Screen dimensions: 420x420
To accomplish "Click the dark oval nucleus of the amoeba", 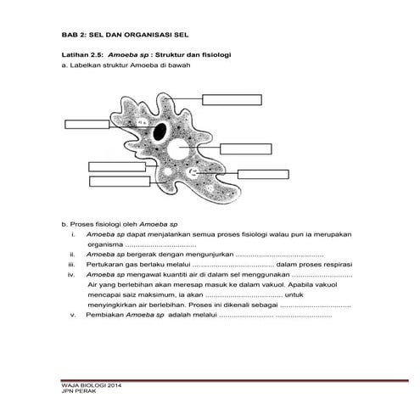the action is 160,132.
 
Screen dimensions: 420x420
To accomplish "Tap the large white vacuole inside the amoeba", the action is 178,149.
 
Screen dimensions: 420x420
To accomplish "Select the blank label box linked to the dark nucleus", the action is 87,124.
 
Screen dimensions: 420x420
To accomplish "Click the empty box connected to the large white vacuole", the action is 246,149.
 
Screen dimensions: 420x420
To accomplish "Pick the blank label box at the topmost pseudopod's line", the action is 232,100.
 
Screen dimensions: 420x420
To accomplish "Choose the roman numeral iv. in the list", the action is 71,275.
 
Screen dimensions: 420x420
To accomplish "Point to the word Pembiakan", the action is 105,315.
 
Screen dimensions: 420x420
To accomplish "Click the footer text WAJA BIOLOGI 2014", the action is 92,385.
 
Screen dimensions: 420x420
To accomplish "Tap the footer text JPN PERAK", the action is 79,391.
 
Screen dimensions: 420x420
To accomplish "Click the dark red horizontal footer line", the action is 235,380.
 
